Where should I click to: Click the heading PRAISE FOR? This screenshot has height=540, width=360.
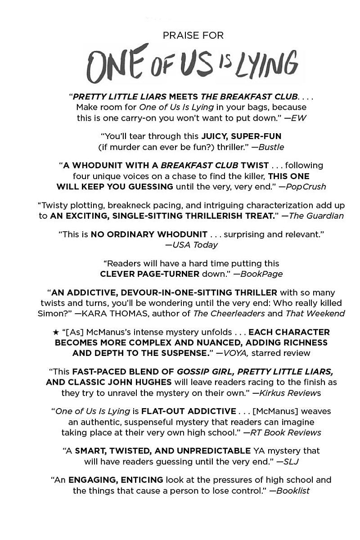click(x=193, y=36)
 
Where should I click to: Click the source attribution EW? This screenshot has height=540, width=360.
click(x=299, y=118)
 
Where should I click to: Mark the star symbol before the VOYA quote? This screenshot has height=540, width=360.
click(x=56, y=332)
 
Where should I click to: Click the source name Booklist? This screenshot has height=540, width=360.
click(x=293, y=490)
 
